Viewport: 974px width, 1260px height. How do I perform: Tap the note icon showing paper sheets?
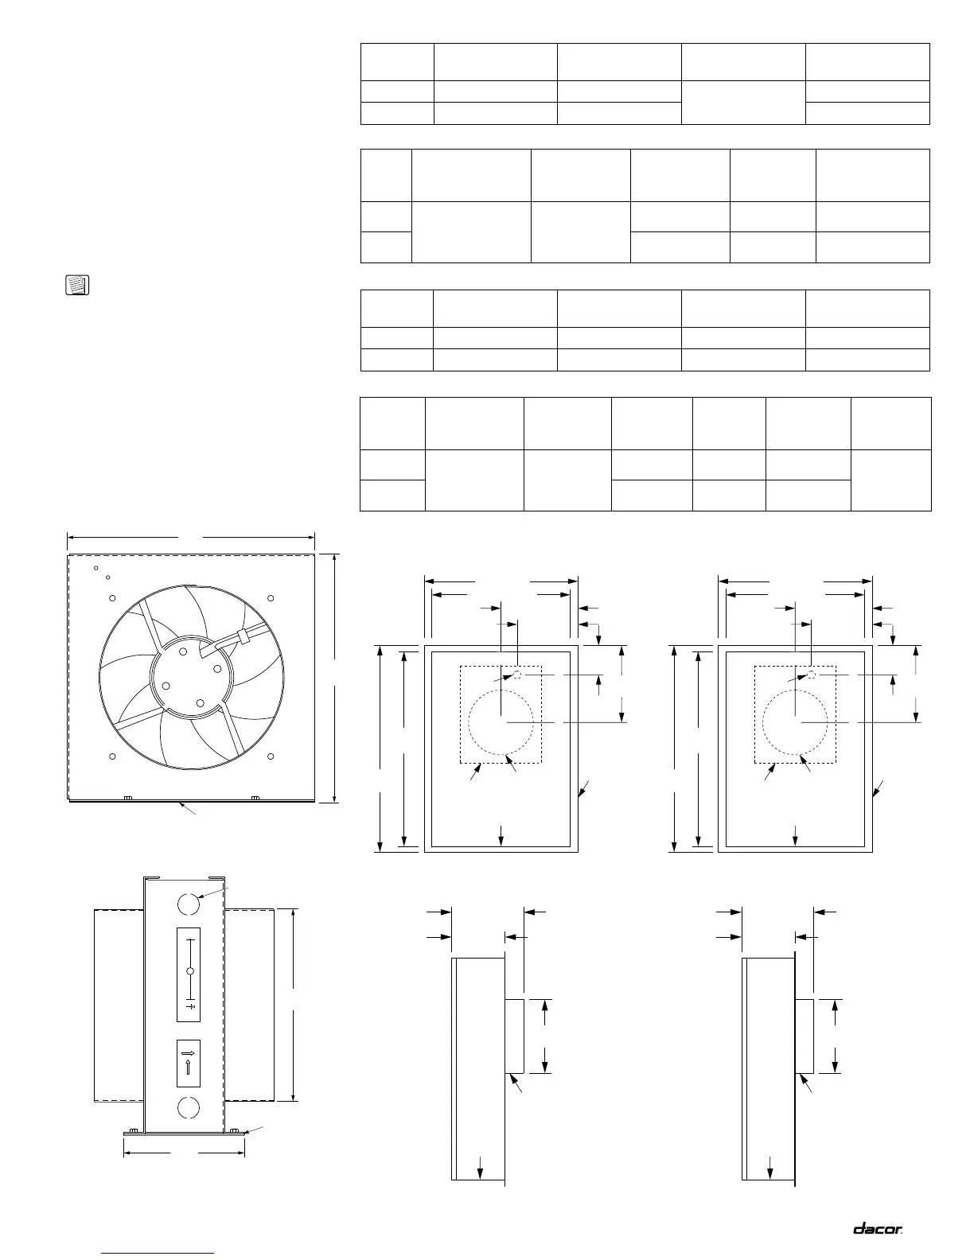(x=76, y=286)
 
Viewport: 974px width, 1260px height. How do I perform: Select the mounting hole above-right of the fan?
(x=271, y=598)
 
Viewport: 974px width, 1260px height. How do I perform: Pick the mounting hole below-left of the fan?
(x=112, y=755)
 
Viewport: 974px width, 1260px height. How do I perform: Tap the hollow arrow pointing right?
(x=189, y=1052)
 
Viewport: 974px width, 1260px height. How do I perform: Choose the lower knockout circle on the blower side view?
(x=189, y=1106)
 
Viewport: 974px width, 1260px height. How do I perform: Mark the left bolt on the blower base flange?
(x=135, y=1130)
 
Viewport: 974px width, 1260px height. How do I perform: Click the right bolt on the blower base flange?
(x=233, y=1130)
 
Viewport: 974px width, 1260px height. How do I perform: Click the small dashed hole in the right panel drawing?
(x=812, y=675)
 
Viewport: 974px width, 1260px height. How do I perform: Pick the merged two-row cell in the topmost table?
(x=743, y=102)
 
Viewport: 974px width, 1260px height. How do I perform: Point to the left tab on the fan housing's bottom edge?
(x=127, y=797)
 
